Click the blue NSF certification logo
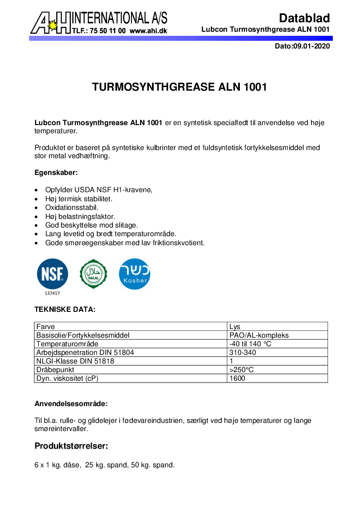53,274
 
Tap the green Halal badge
93,274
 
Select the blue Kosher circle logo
134,274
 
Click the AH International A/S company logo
99,22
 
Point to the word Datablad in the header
304,18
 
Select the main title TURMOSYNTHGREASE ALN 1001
180,87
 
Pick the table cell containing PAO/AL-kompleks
259,335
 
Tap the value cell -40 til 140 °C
250,344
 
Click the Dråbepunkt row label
55,370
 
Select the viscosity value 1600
238,378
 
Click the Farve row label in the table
46,327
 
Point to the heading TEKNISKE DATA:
65,310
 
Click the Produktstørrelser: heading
71,446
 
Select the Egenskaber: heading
56,173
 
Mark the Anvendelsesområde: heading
71,403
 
